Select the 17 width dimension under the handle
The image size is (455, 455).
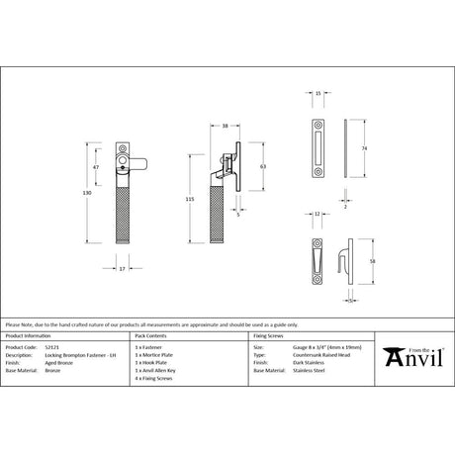click(122, 267)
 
